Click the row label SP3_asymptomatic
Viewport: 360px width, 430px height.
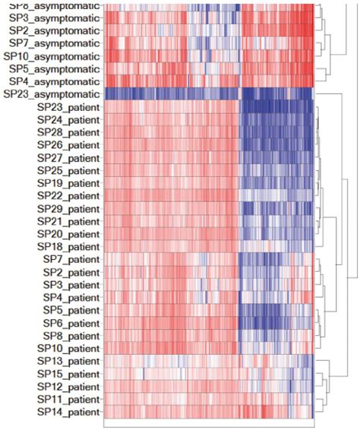tap(54, 17)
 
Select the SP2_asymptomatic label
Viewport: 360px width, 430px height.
tap(54, 30)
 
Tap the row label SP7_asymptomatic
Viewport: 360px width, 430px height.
tap(54, 43)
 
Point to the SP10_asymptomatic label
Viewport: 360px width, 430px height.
tap(51, 56)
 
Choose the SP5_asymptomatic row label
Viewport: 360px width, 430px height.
tap(54, 69)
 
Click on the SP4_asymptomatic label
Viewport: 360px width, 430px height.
tap(54, 81)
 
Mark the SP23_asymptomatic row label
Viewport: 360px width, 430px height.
tap(51, 94)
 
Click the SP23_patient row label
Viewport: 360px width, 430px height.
tap(68, 107)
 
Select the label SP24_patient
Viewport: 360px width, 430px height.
tap(68, 119)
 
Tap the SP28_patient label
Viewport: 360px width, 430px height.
tap(68, 132)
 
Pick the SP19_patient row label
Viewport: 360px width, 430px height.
tap(68, 183)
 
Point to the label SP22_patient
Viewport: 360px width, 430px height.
tap(68, 195)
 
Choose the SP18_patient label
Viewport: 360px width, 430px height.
tap(68, 246)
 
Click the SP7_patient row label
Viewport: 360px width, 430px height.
tap(71, 259)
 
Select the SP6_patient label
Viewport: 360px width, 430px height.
tap(71, 322)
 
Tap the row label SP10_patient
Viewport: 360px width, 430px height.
tap(68, 348)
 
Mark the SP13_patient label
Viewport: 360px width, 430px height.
tap(68, 361)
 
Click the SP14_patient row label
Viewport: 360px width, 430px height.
tap(68, 412)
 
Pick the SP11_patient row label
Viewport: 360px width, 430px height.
tap(68, 399)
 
